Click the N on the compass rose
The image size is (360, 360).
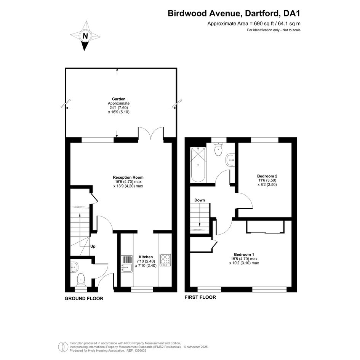click(x=85, y=36)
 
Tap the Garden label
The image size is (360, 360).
click(x=119, y=99)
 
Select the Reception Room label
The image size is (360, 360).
click(x=128, y=177)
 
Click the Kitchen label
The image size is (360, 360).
click(x=146, y=257)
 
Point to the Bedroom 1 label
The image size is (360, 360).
click(x=244, y=254)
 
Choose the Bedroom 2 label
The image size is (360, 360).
click(x=267, y=176)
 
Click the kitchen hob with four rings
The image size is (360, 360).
click(x=165, y=260)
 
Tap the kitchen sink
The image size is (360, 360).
click(x=127, y=264)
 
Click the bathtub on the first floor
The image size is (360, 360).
click(x=198, y=165)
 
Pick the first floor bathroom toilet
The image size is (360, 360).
click(x=218, y=149)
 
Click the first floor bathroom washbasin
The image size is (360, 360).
click(x=230, y=159)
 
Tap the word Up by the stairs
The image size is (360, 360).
click(x=93, y=246)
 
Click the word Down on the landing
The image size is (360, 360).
click(x=200, y=200)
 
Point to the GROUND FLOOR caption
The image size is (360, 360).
click(x=84, y=298)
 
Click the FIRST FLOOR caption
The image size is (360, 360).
click(x=200, y=297)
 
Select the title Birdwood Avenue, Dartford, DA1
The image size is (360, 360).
click(x=234, y=13)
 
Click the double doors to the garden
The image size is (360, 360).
click(x=151, y=133)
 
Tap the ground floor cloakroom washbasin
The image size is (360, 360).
click(x=74, y=267)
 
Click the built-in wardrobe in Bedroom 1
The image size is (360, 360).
click(x=266, y=227)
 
